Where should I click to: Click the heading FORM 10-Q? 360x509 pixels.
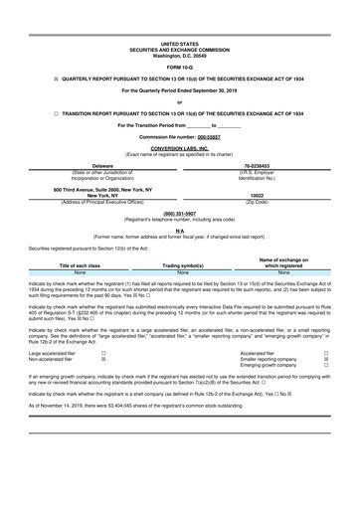click(x=179, y=67)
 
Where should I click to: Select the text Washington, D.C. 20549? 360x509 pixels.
click(x=179, y=55)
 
